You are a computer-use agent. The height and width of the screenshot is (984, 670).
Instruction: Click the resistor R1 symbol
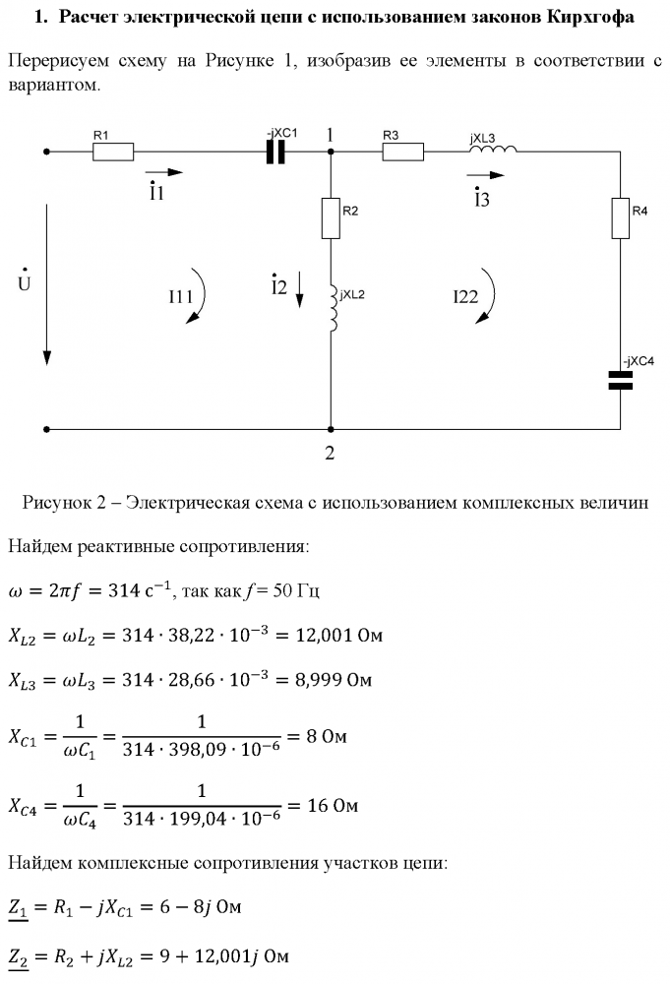(113, 152)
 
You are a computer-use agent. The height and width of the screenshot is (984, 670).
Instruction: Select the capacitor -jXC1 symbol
(275, 152)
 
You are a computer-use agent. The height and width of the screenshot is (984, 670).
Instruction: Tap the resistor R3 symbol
(402, 152)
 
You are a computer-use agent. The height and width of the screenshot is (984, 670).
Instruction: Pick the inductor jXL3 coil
(494, 149)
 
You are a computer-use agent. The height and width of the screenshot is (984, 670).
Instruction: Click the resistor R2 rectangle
(331, 218)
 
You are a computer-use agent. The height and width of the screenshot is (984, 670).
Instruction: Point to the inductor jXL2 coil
(334, 307)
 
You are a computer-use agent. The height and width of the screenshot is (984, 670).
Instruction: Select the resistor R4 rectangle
(621, 218)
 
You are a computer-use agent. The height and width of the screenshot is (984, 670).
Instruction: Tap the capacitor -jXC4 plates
(621, 380)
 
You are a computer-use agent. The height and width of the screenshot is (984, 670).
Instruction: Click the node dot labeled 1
(331, 152)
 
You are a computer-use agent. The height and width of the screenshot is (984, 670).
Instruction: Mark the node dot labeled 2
(331, 430)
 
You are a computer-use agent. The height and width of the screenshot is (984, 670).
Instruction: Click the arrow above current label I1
(163, 172)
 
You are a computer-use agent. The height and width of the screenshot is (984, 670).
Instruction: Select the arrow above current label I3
(485, 175)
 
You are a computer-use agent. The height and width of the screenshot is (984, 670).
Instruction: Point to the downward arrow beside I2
(299, 289)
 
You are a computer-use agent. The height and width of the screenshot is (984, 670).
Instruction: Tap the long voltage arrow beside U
(46, 284)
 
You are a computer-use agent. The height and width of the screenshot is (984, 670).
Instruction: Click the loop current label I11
(180, 296)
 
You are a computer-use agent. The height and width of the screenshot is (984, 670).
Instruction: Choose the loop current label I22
(465, 297)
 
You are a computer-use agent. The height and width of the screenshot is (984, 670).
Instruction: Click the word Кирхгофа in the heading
(590, 17)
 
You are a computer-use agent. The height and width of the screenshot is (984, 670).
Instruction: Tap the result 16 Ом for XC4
(333, 805)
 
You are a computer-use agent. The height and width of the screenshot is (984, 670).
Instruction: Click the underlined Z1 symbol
(18, 908)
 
